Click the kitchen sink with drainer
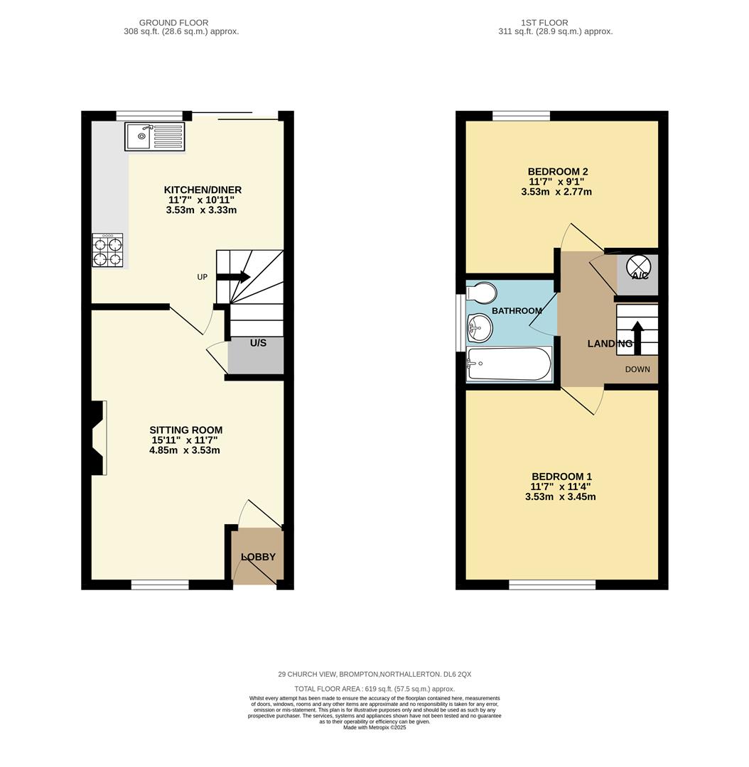(155, 136)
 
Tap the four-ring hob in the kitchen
(107, 250)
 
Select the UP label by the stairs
(203, 277)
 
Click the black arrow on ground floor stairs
(234, 277)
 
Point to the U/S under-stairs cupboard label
(258, 343)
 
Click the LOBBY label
(258, 557)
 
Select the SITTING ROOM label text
(185, 430)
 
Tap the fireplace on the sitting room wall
(98, 437)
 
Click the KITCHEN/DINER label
(203, 190)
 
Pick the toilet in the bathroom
(482, 293)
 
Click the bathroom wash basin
(479, 328)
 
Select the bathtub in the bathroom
(509, 364)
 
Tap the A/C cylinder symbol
(638, 266)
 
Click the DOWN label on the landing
(637, 369)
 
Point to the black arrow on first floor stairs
(637, 337)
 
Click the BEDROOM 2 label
(557, 172)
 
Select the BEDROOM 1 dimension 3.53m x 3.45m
(560, 496)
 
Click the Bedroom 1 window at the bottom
(552, 584)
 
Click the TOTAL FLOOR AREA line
(374, 689)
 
